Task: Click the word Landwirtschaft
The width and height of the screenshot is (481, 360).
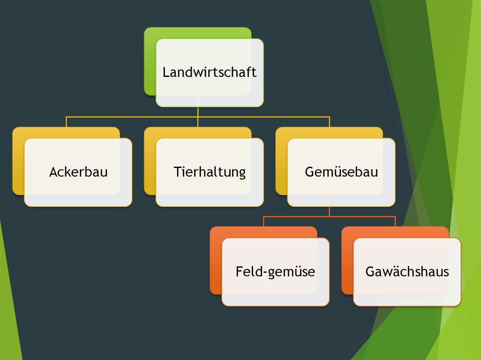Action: click(209, 73)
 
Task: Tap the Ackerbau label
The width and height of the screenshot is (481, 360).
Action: click(78, 172)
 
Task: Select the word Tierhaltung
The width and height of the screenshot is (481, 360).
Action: click(209, 172)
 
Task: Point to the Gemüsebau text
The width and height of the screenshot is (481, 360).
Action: click(341, 172)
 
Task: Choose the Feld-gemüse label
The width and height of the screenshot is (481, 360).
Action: click(275, 271)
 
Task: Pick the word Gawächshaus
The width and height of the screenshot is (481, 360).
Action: click(407, 271)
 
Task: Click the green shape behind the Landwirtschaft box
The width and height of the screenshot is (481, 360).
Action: click(149, 61)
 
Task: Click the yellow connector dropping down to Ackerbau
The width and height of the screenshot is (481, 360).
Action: click(66, 122)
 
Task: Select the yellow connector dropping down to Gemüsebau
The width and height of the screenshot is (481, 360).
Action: click(329, 122)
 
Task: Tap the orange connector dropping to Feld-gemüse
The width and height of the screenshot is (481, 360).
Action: click(264, 221)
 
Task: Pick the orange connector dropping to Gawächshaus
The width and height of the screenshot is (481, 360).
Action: click(395, 221)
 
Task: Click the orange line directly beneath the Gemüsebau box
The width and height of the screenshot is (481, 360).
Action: click(329, 211)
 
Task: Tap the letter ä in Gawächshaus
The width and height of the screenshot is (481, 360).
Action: click(387, 271)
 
